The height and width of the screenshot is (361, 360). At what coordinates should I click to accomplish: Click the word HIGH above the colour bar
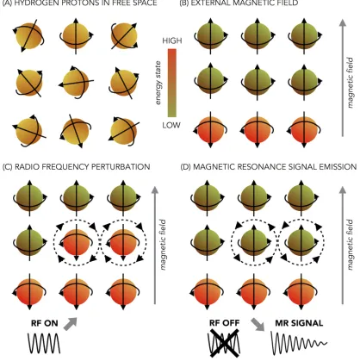[x=172, y=40]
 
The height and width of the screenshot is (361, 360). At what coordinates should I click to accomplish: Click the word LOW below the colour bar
[x=171, y=125]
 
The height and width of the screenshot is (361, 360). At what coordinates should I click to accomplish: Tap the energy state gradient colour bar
[x=172, y=83]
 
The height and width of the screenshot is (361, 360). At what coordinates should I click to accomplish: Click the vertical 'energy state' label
[x=158, y=83]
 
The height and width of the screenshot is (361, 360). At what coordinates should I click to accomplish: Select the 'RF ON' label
[x=45, y=323]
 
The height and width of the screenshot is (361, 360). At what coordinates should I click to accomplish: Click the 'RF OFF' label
[x=224, y=323]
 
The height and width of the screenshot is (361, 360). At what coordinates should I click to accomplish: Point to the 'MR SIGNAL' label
[x=299, y=323]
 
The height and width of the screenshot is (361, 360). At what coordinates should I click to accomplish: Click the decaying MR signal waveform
[x=299, y=343]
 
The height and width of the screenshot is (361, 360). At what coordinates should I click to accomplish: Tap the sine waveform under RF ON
[x=44, y=344]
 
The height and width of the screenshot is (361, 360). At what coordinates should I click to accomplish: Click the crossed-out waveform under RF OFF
[x=224, y=344]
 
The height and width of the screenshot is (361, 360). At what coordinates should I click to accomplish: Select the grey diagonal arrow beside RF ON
[x=71, y=324]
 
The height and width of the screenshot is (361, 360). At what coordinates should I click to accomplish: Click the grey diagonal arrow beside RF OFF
[x=258, y=324]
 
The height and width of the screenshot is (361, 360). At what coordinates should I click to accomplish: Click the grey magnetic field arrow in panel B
[x=342, y=78]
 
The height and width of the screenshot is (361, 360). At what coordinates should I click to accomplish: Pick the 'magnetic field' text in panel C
[x=163, y=245]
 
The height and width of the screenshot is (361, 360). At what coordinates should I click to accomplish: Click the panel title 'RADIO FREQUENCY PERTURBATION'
[x=82, y=166]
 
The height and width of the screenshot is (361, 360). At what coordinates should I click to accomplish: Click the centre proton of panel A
[x=76, y=83]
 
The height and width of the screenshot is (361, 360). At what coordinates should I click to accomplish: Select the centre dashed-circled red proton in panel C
[x=76, y=242]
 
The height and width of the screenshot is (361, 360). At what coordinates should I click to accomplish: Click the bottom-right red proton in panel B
[x=304, y=129]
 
